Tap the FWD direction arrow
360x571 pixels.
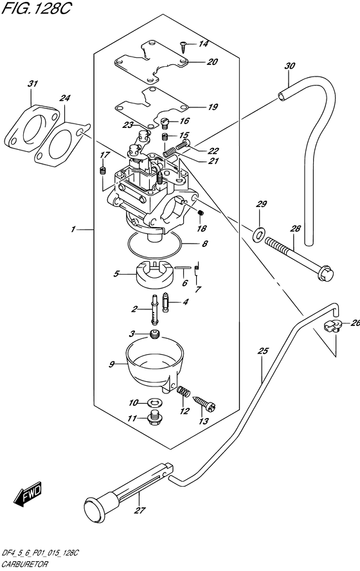[28, 494]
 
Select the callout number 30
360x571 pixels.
[289, 66]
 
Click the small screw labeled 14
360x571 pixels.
[183, 44]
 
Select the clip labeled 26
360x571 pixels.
[331, 325]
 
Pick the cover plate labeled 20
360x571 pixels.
[151, 62]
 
